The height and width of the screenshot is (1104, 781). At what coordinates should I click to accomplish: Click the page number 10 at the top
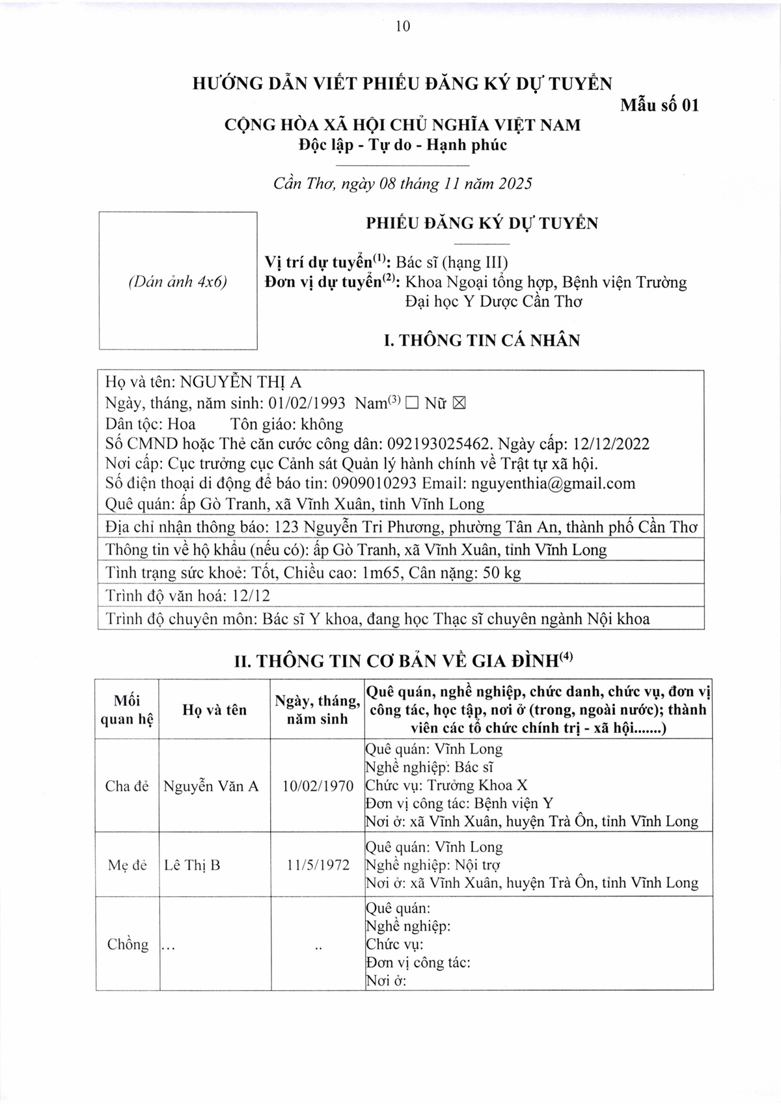(402, 27)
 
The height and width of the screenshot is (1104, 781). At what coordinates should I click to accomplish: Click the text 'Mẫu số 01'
(659, 105)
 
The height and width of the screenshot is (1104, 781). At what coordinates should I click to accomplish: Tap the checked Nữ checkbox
(459, 404)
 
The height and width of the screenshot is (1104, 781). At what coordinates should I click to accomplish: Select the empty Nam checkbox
(411, 404)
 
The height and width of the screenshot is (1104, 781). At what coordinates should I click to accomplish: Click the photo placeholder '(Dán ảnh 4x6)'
(178, 282)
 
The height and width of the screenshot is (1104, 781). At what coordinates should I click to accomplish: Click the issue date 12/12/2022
(611, 445)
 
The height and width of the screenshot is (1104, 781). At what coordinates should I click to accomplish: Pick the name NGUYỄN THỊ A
(241, 383)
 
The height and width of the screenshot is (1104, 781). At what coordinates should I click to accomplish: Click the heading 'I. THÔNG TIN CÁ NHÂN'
(482, 340)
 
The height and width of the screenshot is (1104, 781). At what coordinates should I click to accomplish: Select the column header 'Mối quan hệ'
(127, 710)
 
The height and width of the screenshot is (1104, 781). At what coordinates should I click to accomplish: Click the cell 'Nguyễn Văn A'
(211, 786)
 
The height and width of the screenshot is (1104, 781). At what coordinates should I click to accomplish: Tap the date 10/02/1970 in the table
(318, 786)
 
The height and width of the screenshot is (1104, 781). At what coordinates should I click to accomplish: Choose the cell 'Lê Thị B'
(192, 865)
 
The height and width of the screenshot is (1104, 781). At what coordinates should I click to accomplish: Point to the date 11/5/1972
(318, 865)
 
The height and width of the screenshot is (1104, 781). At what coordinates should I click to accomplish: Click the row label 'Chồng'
(128, 944)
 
